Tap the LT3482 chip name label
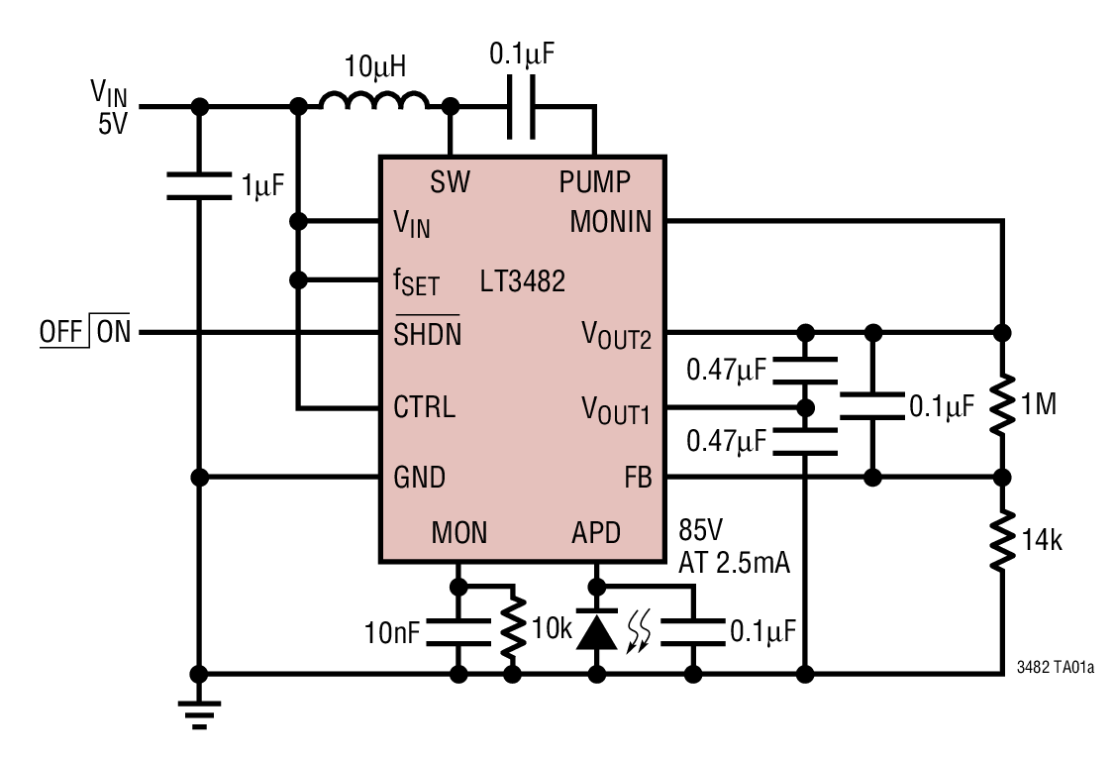coord(522,281)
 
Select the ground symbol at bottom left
coord(199,714)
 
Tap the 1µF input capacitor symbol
coord(199,185)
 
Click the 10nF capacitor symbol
coord(457,631)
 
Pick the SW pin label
coord(450,182)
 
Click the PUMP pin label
coord(594,182)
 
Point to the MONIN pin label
coord(611,221)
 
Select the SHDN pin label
coord(427,335)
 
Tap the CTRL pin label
coord(425,407)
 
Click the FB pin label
coord(638,478)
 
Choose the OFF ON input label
coord(85,332)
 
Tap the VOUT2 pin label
coord(616,336)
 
